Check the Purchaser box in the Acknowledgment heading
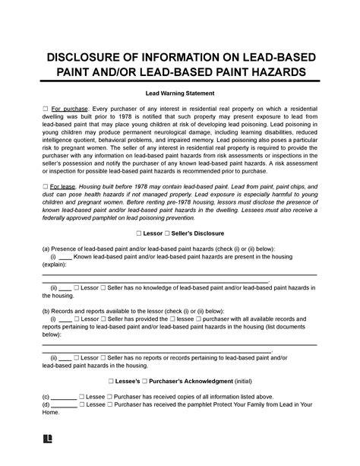coord(153,379)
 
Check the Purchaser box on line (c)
coord(112,396)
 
